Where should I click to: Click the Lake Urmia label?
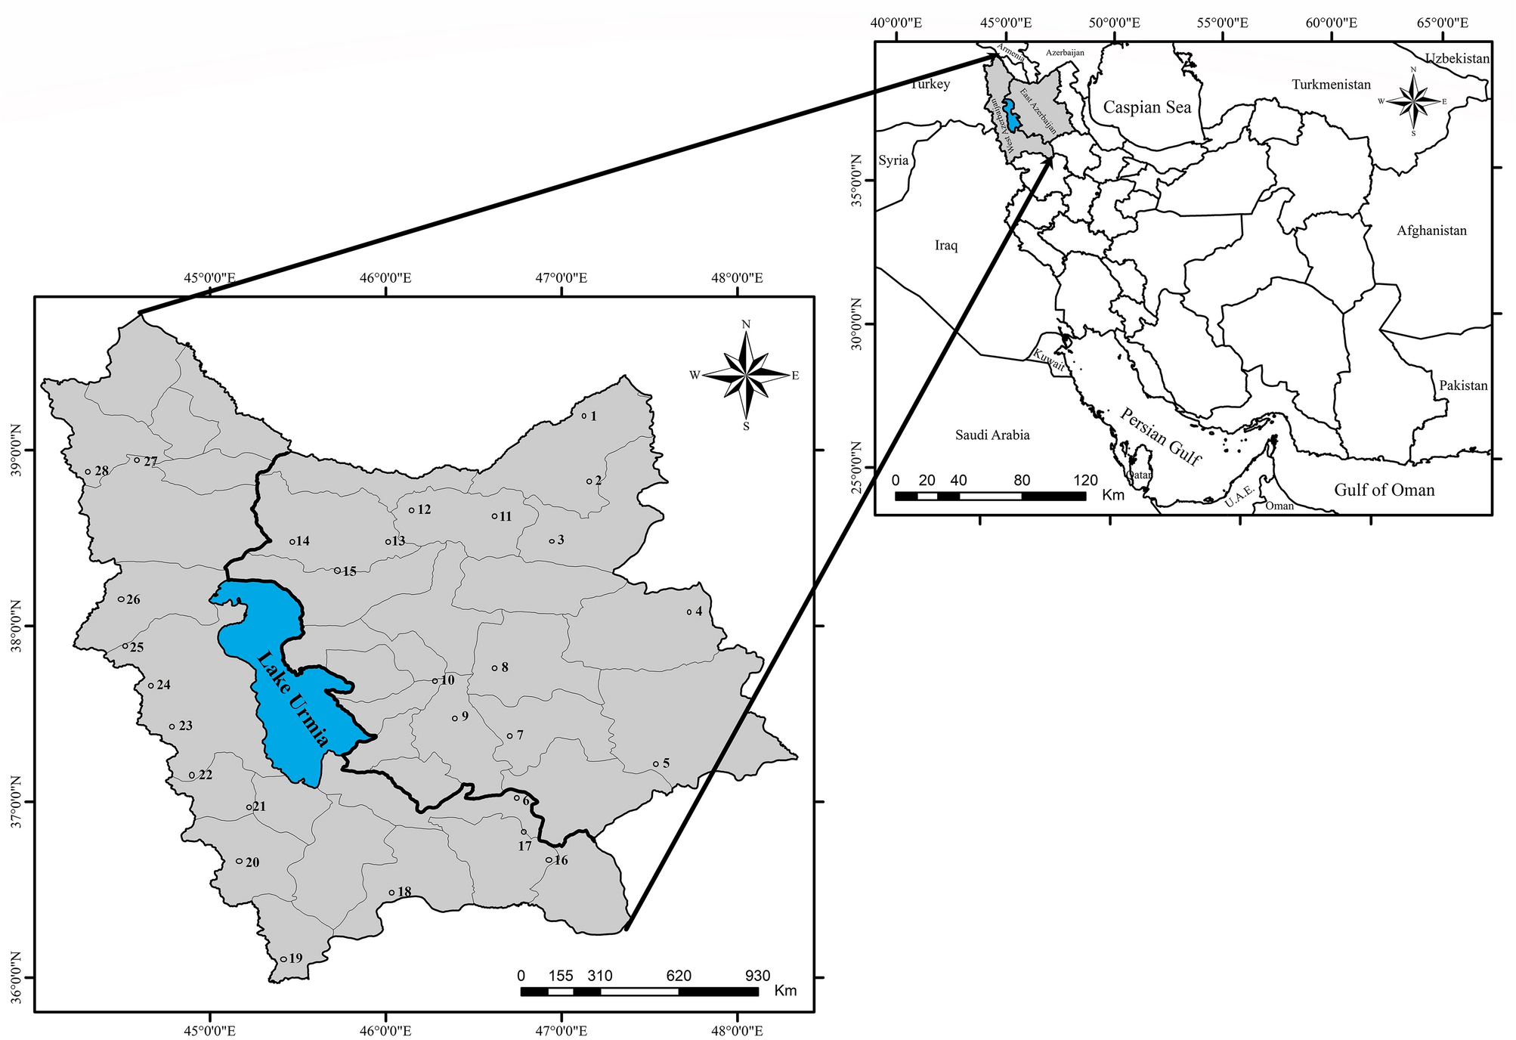tap(292, 699)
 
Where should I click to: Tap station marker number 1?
tap(584, 416)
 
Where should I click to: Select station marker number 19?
tap(283, 959)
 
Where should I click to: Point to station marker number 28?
tap(88, 472)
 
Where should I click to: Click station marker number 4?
tap(689, 611)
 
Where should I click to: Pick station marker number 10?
tap(435, 681)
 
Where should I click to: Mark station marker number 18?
tap(391, 893)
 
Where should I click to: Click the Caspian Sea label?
tap(1146, 107)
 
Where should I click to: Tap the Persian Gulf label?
tap(1161, 437)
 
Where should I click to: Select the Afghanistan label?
tap(1431, 231)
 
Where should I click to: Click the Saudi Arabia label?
tap(992, 435)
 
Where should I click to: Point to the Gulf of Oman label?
tap(1384, 490)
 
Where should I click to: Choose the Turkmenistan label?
tap(1331, 85)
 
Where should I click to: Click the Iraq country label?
tap(946, 246)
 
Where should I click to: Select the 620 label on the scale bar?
tap(679, 976)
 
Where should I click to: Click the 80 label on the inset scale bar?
tap(1022, 480)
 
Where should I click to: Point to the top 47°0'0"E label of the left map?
tap(562, 278)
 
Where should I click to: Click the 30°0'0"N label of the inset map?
tap(857, 324)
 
